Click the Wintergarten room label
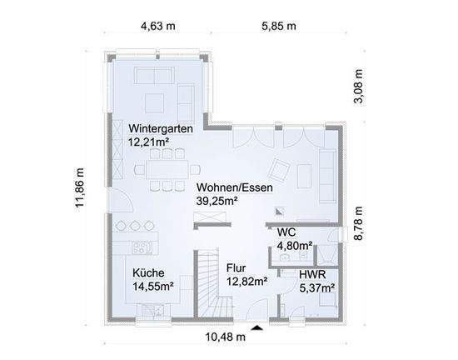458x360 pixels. click(161, 128)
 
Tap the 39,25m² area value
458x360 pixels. click(217, 201)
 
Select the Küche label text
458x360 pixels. click(148, 273)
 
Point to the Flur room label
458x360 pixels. click(236, 268)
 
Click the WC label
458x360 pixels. click(286, 232)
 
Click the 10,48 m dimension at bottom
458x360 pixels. click(226, 337)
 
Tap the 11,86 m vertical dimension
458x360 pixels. click(79, 187)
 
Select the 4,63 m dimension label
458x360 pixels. click(158, 26)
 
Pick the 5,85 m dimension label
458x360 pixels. click(279, 26)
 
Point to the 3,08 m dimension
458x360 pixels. click(358, 86)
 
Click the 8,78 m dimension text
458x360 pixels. click(358, 223)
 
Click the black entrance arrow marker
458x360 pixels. click(257, 327)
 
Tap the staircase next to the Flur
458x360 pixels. click(214, 282)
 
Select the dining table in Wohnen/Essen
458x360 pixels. click(168, 169)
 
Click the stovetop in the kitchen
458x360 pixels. click(143, 247)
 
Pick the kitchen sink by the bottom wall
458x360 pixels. click(153, 310)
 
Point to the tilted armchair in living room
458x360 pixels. click(279, 169)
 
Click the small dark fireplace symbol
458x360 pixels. click(280, 212)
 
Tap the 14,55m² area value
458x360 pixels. click(153, 287)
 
